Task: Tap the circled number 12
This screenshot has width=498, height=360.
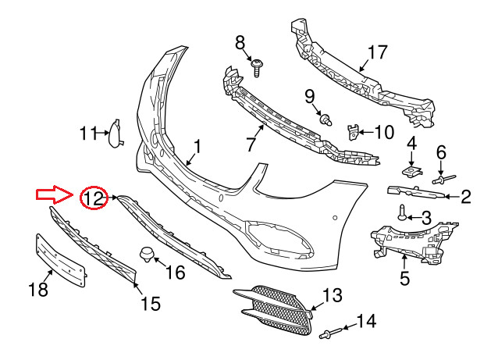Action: (94, 198)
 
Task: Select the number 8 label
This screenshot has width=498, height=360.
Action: (240, 42)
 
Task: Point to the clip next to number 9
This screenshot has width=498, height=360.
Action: (327, 119)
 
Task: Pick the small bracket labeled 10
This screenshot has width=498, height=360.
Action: (353, 133)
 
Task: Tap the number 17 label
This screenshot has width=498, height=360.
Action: (377, 53)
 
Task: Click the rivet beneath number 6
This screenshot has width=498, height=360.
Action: (439, 179)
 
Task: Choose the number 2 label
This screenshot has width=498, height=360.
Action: (466, 197)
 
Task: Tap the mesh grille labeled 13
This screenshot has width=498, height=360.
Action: (275, 310)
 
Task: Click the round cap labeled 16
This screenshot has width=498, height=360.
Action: (145, 254)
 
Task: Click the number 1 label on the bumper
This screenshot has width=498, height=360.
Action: (197, 146)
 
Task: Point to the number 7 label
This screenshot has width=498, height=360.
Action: (251, 144)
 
